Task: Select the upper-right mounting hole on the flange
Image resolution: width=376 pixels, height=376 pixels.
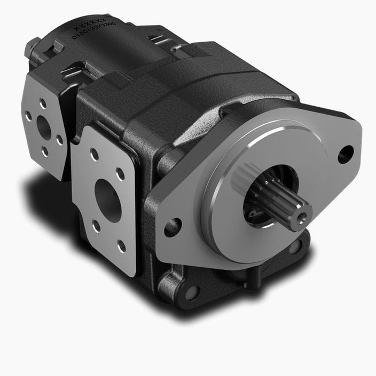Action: pyautogui.click(x=346, y=154)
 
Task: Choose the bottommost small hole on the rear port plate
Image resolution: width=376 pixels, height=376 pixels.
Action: pyautogui.click(x=45, y=151)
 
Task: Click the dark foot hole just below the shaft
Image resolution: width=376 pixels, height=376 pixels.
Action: pyautogui.click(x=295, y=246)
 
